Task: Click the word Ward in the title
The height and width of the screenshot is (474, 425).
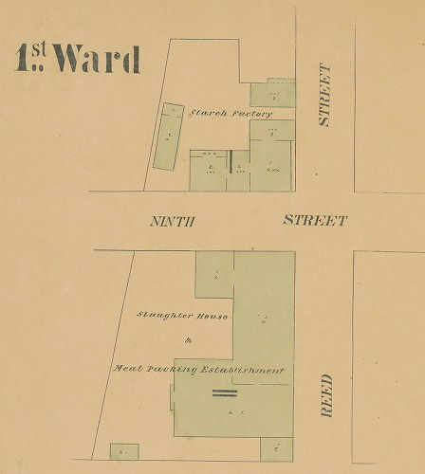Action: coord(97,60)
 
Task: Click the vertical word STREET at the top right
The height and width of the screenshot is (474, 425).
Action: coord(324,95)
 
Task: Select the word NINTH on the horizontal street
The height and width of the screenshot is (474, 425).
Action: coord(173,221)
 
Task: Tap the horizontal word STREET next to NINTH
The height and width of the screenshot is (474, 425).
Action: coord(315,221)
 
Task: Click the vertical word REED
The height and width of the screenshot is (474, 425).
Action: coord(325,396)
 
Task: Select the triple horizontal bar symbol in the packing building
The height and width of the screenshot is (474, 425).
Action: coord(224,392)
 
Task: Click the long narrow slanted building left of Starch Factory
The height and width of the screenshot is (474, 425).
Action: coord(169,136)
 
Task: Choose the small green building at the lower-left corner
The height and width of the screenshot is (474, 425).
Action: coord(123,451)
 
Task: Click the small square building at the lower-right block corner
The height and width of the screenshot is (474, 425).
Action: coord(277,449)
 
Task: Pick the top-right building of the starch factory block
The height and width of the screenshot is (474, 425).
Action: coord(273,93)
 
